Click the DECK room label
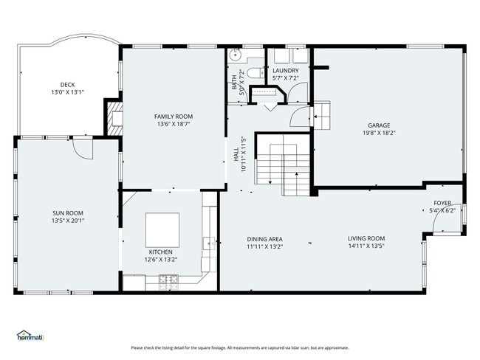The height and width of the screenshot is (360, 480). tap(67, 85)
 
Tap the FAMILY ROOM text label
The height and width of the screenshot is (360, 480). tap(174, 117)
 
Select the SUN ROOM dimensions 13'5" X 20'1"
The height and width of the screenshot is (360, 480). tap(67, 221)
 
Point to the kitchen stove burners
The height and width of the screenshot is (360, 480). tap(168, 280)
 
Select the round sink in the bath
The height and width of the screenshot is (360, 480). tap(236, 54)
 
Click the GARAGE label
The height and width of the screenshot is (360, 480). tap(379, 125)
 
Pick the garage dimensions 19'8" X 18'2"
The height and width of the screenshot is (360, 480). tap(379, 134)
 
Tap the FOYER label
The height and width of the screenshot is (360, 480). tap(442, 203)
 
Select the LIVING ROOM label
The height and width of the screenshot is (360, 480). tap(366, 238)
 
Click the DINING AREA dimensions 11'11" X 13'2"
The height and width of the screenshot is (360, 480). tap(264, 246)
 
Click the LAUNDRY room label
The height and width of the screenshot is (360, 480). tap(285, 70)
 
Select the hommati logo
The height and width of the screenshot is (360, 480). tap(30, 336)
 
